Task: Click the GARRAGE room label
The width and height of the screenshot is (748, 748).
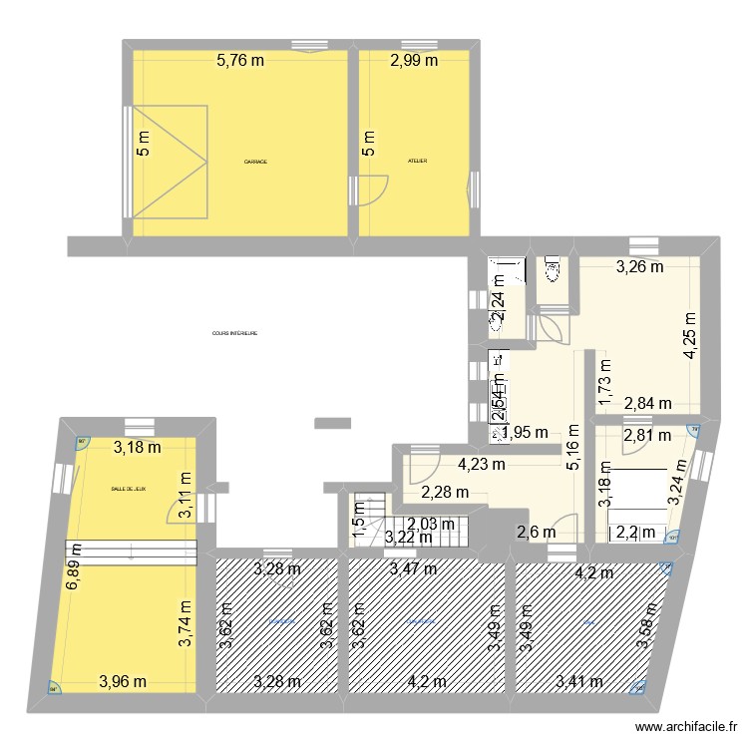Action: point(256,162)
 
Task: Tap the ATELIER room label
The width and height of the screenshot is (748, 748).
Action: point(418,161)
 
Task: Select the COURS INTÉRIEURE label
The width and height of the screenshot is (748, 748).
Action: point(235,334)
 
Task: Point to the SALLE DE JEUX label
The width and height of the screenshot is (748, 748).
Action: point(129,489)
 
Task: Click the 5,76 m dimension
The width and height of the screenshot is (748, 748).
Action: point(241,60)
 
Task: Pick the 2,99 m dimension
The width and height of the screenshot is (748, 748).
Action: point(413,60)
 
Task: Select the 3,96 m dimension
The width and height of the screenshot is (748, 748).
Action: point(123,683)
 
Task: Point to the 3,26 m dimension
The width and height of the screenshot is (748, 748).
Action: point(639,266)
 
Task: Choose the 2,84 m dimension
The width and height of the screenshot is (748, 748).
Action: point(647,403)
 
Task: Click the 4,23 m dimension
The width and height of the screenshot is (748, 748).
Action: point(482,463)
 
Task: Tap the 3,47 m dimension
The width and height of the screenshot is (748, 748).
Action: point(414,569)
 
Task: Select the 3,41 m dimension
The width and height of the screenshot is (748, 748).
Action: point(578,683)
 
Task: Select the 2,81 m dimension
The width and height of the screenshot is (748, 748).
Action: point(644,436)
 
